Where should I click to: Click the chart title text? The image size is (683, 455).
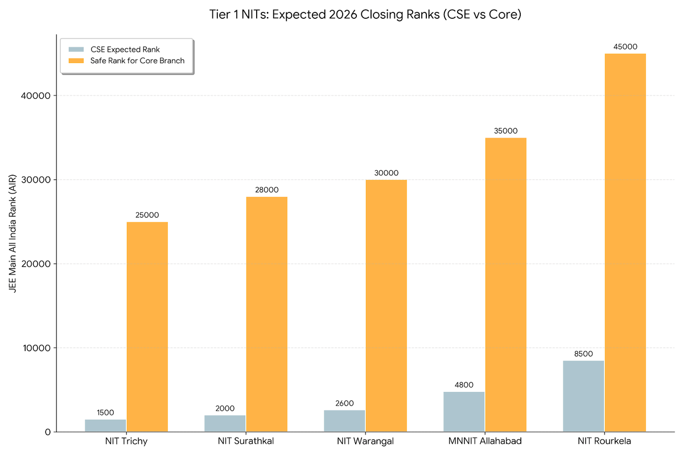point(365,15)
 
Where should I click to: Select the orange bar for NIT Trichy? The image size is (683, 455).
point(147,326)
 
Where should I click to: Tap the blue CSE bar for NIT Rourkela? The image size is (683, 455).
point(583,396)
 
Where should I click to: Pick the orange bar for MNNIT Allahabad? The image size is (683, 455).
point(505,284)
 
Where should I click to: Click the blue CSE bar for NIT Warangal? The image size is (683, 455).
point(344,420)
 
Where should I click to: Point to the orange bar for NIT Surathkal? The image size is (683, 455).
point(266,314)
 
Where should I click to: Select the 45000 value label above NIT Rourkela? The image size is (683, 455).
point(625,47)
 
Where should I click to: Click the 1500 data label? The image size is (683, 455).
point(105,412)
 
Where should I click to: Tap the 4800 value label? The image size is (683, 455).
point(464,384)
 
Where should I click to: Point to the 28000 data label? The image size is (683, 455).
point(266,190)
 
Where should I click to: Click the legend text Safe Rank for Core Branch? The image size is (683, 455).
point(137,60)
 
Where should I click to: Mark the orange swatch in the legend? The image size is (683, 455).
point(76,60)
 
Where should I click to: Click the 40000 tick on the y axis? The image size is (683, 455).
point(38,96)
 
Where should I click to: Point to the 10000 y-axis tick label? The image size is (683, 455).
point(38,348)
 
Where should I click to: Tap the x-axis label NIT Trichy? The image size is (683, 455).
point(126,441)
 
